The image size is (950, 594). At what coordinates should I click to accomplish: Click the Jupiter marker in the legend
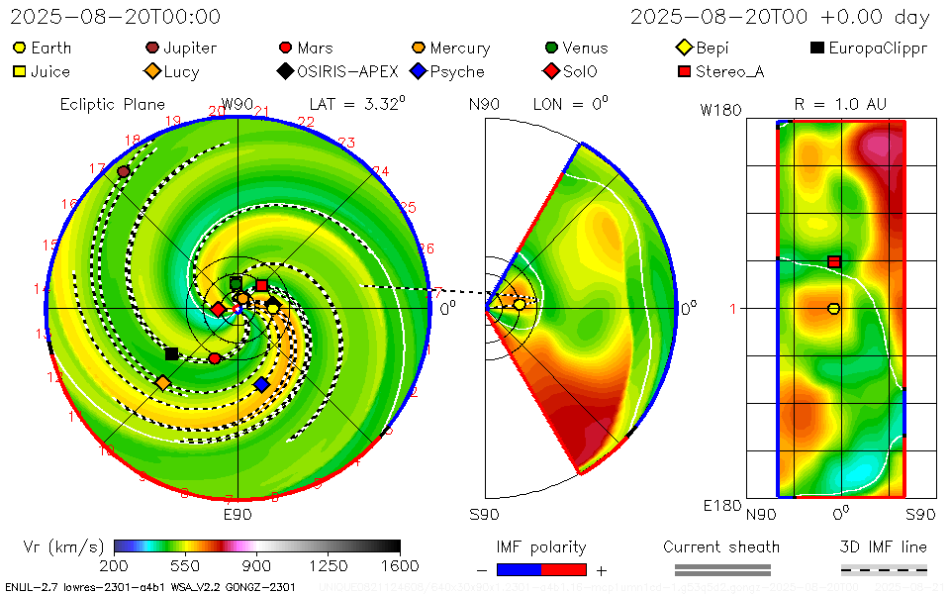coord(152,48)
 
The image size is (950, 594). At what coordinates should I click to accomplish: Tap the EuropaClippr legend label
coord(878,48)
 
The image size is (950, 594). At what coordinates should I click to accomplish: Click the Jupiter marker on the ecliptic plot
coord(124,171)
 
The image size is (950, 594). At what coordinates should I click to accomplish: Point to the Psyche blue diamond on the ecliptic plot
coord(261,384)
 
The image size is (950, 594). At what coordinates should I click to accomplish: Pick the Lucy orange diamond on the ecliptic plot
coord(162,382)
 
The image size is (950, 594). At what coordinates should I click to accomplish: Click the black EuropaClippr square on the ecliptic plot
coord(171,353)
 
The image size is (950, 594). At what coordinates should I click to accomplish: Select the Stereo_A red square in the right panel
coord(834,261)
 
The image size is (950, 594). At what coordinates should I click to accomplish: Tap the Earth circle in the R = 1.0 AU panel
coord(833,309)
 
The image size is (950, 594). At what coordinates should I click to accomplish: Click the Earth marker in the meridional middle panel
coord(520,304)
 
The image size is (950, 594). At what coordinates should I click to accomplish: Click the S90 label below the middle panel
coord(484,515)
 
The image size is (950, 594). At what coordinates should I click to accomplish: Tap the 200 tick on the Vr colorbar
coord(115,565)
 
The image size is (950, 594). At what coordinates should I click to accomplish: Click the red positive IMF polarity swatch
coord(564,569)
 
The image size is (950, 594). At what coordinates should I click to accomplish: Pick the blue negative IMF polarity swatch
coord(519,569)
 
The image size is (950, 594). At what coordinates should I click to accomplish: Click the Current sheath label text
coord(721,546)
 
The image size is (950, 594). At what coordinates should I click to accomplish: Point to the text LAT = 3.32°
coord(357,103)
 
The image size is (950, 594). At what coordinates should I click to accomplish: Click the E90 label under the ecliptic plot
coord(237,515)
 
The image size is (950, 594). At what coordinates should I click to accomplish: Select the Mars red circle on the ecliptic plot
coord(215,357)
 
